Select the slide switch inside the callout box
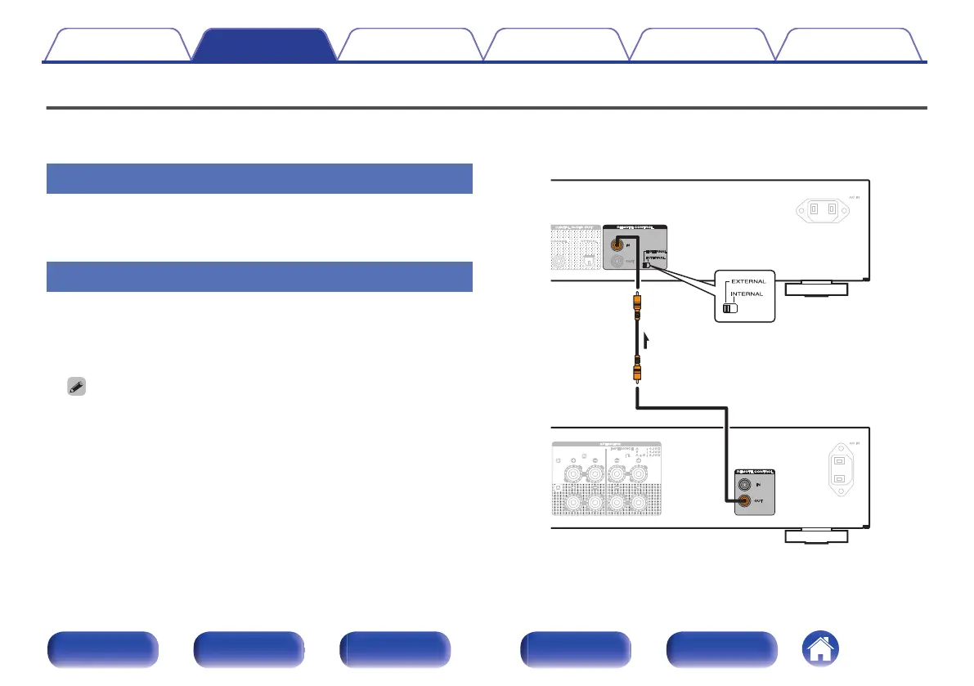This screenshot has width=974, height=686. (x=730, y=308)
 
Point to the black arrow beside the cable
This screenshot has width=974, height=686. (x=646, y=339)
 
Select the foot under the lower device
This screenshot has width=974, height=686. (x=815, y=536)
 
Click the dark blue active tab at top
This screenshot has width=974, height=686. (x=264, y=44)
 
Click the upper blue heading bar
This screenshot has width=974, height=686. (x=259, y=178)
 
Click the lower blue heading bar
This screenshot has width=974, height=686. (x=259, y=276)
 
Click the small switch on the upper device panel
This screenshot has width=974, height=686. (x=646, y=264)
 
